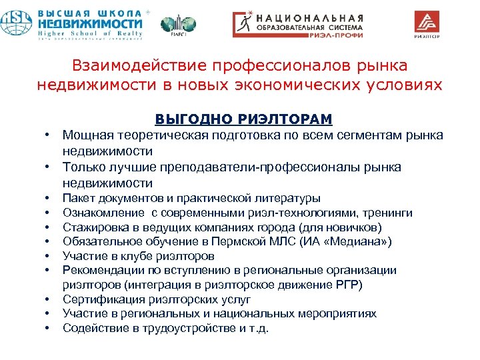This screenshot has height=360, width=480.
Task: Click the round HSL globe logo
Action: (17, 23)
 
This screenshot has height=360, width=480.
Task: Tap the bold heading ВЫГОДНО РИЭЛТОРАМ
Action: (243, 119)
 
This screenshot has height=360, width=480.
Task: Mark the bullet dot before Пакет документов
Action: (48, 198)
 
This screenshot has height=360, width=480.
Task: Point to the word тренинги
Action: (389, 213)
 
